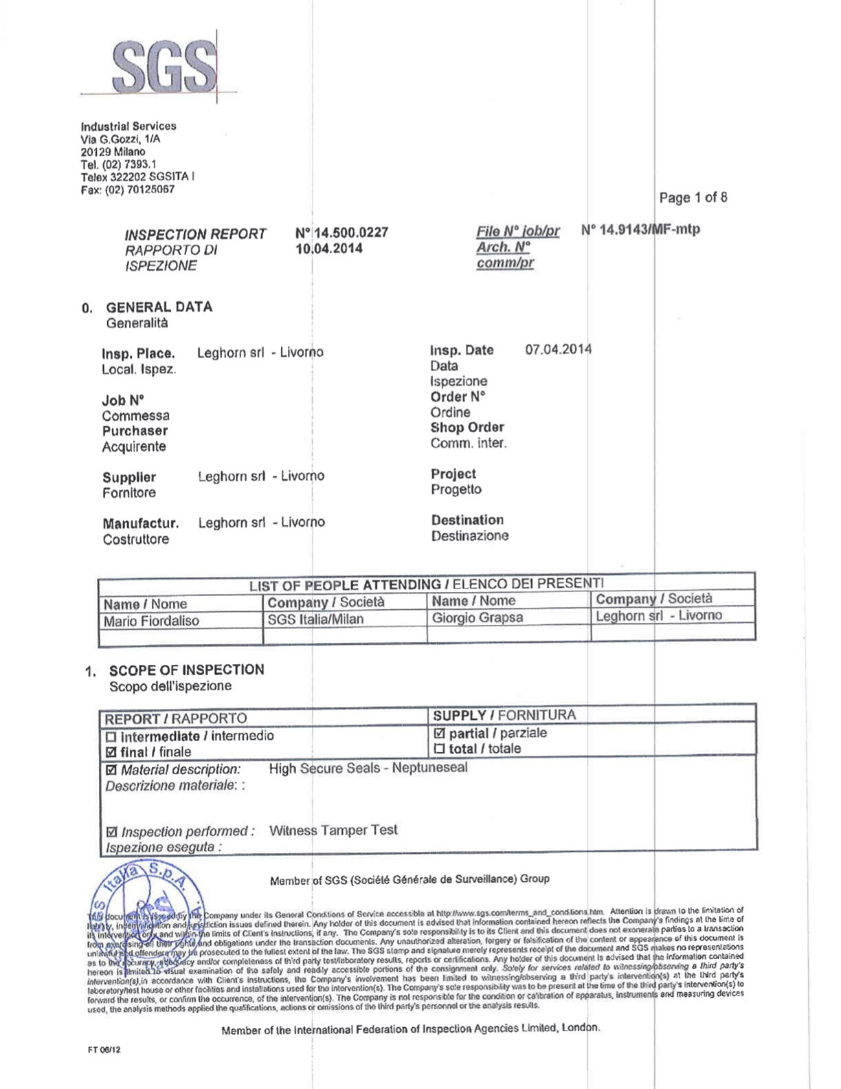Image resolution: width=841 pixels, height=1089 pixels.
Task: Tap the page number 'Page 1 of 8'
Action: (693, 198)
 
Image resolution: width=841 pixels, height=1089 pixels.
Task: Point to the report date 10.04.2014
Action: (329, 249)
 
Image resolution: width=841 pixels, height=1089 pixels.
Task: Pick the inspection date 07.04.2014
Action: (558, 349)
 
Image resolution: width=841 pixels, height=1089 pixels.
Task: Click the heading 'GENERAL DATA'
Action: (159, 307)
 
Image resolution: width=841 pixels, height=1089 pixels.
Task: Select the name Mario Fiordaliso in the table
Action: (151, 621)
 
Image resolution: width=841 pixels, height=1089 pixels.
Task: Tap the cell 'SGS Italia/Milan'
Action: (315, 619)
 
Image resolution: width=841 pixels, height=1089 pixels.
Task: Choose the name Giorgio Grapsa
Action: (477, 618)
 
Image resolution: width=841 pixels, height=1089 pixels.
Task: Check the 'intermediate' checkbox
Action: (111, 737)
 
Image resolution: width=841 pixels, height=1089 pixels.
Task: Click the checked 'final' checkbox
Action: (111, 752)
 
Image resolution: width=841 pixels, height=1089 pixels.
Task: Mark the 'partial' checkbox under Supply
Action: (440, 734)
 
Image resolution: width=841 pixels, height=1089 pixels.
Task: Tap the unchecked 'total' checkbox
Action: (440, 749)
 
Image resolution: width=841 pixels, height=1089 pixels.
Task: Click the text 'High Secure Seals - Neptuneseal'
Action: (368, 768)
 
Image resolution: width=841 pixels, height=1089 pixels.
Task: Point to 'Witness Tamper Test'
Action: (333, 830)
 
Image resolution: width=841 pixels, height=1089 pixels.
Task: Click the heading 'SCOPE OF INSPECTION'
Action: (186, 670)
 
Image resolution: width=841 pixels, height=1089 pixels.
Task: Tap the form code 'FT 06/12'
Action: (104, 1050)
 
